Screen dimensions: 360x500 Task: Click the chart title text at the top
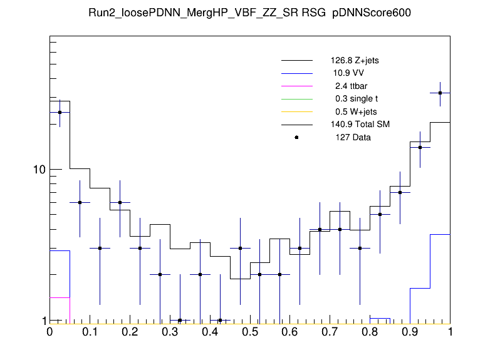[x=250, y=14]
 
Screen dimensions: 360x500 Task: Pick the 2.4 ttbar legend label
[x=351, y=86]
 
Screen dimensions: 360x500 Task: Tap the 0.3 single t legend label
[x=357, y=99]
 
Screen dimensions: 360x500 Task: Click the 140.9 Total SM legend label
[x=360, y=125]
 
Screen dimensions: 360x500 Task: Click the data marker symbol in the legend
[x=296, y=137]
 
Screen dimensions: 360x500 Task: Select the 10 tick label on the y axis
[x=39, y=170]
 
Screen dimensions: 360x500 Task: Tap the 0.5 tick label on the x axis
[x=250, y=332]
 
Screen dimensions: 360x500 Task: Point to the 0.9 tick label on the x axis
[x=410, y=332]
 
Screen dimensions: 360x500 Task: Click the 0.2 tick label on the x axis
[x=130, y=332]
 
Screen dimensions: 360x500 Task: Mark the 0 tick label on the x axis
[x=49, y=332]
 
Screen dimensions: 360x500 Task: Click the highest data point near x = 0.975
[x=440, y=93]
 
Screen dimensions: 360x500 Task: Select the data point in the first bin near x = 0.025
[x=60, y=113]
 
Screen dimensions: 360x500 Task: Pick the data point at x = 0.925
[x=420, y=147]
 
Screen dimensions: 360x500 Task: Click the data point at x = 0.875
[x=400, y=192]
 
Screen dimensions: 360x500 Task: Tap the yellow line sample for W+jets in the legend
[x=296, y=111]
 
